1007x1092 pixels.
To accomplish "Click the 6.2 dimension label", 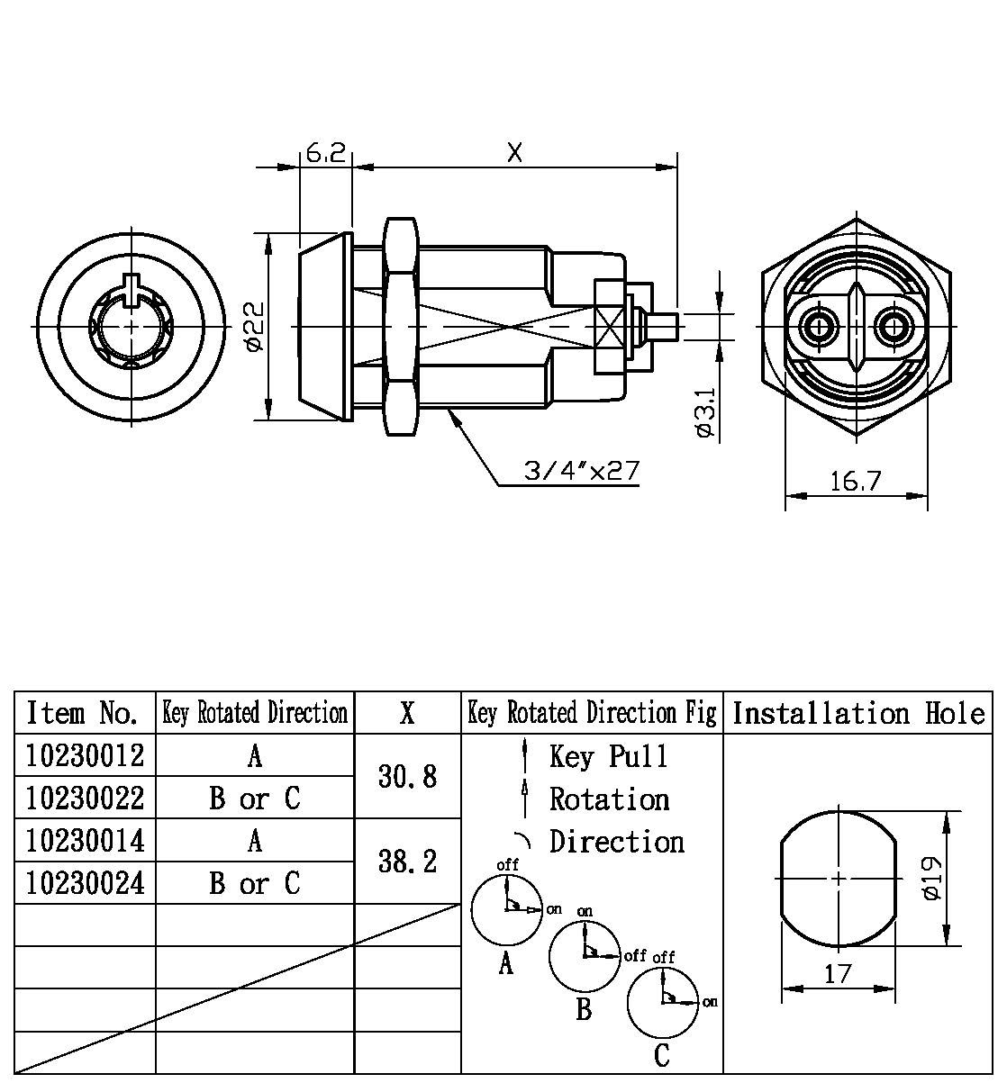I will (325, 153).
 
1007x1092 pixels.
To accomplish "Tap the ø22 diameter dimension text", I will (254, 326).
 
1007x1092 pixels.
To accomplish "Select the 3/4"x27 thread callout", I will (582, 471).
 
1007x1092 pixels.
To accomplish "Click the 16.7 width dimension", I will (855, 482).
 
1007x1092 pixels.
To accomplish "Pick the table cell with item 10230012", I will (86, 755).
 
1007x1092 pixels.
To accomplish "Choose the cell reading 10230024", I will (86, 883).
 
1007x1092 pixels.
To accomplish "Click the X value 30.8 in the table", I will (408, 776).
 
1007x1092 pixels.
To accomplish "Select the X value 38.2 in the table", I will (408, 862).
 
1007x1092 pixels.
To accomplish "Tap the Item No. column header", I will (84, 714).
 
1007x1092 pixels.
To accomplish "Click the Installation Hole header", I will (858, 714).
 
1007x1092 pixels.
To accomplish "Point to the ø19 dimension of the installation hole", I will (932, 878).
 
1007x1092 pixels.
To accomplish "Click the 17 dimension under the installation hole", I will (838, 974).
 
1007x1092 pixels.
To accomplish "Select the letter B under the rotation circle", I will (584, 1010).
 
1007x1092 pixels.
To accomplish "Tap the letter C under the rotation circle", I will (662, 1055).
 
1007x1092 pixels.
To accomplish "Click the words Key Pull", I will (609, 756).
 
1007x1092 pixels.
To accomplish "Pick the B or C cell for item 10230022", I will (255, 799).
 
